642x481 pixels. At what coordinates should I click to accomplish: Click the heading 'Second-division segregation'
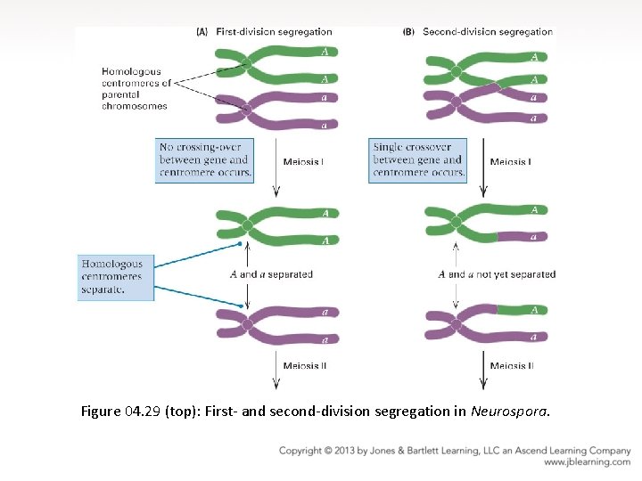click(x=488, y=32)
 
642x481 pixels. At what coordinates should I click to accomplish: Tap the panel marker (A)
click(x=202, y=32)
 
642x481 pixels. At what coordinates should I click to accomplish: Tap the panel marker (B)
click(x=409, y=32)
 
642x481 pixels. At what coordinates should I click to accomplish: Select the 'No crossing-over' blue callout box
click(x=204, y=159)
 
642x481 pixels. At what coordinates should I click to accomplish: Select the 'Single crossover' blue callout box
click(x=418, y=159)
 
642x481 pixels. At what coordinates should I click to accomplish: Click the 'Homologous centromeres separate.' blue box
click(x=114, y=276)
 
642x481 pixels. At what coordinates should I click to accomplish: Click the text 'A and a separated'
click(x=276, y=274)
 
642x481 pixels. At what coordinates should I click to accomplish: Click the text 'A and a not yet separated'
click(x=497, y=274)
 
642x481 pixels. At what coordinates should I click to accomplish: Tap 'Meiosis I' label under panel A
click(x=303, y=162)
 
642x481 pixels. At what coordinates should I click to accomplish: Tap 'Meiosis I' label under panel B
click(x=511, y=162)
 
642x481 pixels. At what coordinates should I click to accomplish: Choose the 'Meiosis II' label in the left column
click(x=305, y=365)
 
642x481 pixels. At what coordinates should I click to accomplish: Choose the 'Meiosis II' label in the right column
click(x=512, y=365)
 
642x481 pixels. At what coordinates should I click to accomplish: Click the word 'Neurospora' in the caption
click(x=509, y=412)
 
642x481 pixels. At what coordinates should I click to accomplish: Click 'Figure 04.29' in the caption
click(x=121, y=412)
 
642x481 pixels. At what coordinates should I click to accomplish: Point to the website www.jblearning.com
click(x=587, y=462)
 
